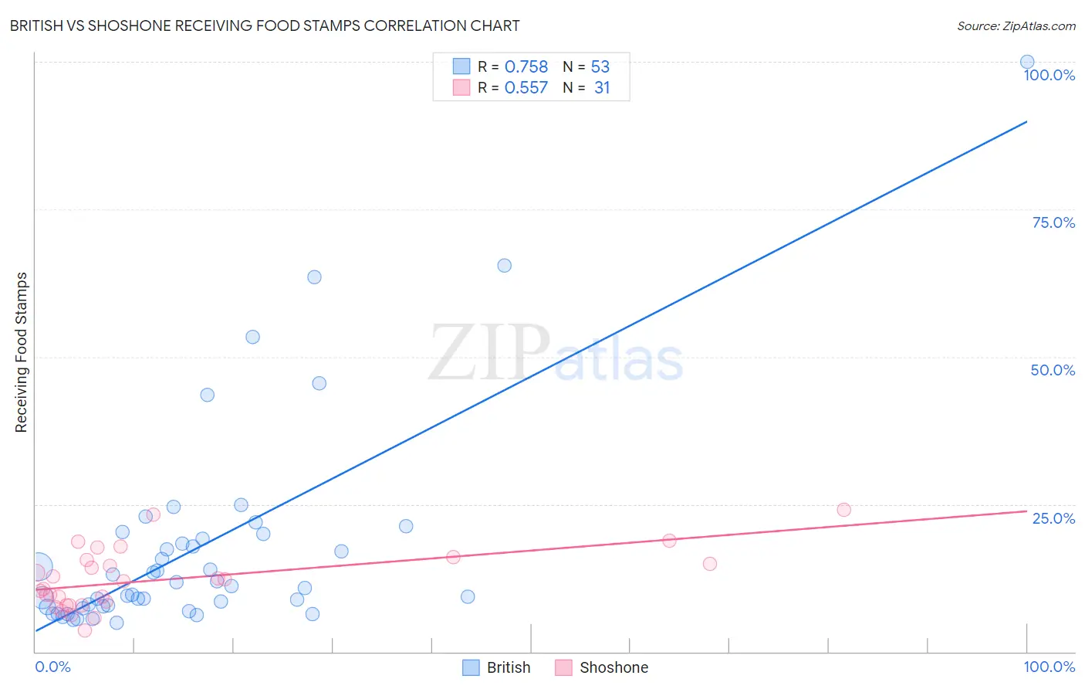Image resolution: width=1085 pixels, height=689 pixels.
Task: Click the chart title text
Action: point(265,25)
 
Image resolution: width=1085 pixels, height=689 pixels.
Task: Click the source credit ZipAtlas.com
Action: point(1016,25)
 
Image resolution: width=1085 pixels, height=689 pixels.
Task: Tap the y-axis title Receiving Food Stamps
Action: point(21,352)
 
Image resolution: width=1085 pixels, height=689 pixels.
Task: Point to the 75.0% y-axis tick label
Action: point(1053,222)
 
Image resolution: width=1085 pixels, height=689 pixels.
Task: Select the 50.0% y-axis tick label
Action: point(1053,370)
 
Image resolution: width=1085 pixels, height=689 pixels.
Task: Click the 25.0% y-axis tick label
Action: point(1053,518)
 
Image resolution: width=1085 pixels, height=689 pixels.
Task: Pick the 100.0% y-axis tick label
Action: point(1049,75)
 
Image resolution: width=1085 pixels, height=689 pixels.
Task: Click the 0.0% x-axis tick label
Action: point(52,667)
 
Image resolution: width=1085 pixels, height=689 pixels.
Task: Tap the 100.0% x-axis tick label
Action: point(1049,667)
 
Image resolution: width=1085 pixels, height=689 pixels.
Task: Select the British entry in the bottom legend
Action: point(497,667)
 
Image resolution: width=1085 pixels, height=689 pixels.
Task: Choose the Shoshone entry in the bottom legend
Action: point(602,667)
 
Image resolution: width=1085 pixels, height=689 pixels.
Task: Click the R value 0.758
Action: point(526,67)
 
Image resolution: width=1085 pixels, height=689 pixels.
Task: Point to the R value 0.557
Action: point(526,88)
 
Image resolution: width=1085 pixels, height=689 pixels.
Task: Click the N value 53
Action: point(600,67)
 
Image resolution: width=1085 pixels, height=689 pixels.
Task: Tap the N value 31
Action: point(601,88)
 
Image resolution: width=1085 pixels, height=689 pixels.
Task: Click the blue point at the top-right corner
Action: point(1027,62)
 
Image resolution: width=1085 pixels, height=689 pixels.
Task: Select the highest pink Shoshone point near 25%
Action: point(843,510)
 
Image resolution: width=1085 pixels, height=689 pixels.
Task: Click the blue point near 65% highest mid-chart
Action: point(504,266)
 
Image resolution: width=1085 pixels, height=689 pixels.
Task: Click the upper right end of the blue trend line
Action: point(1026,122)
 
